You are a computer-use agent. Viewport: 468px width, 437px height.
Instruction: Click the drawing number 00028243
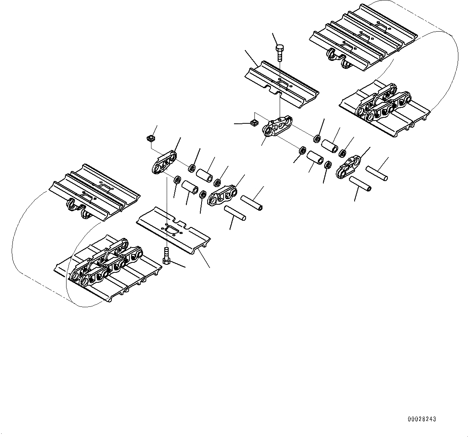coord(422,419)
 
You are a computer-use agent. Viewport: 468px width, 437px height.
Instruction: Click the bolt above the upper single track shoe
coord(280,52)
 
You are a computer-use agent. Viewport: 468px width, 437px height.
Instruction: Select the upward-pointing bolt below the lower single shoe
coord(166,255)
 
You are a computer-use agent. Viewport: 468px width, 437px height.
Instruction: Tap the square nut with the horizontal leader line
coord(253,123)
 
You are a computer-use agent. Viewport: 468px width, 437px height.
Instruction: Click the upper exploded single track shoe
coord(282,84)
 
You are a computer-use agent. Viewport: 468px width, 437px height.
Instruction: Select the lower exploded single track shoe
coord(173,230)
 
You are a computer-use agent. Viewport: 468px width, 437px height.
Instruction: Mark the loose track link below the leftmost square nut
coord(164,162)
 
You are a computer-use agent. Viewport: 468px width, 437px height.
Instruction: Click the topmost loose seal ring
coord(317,139)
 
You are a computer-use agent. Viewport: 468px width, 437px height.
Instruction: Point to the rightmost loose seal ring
coord(343,153)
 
